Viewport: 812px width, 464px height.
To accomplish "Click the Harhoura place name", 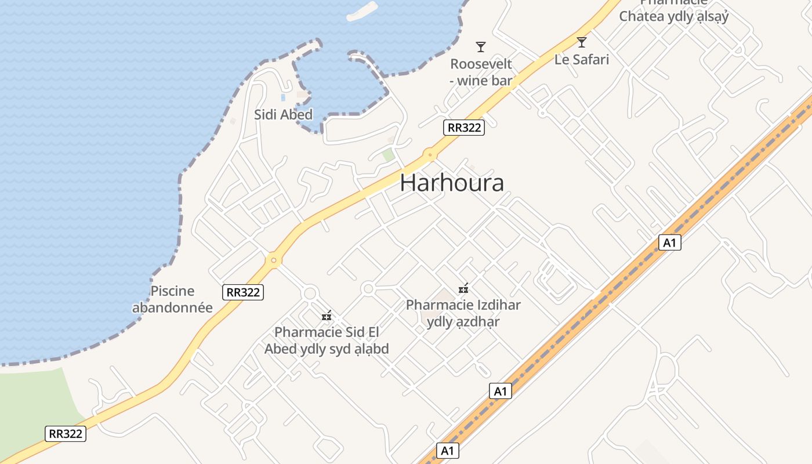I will click(x=452, y=183).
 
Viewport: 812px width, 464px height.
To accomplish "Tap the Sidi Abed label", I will click(x=283, y=114).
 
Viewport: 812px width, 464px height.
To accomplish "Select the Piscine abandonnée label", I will click(x=172, y=299).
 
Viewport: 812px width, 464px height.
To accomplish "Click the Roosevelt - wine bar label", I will click(x=481, y=72).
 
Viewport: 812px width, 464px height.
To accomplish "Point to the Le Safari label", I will click(x=582, y=59).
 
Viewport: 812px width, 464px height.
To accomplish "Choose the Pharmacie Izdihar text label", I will click(x=463, y=313).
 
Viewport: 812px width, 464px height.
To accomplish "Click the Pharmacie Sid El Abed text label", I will click(x=327, y=340).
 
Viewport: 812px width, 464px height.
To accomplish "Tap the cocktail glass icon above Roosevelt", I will click(x=480, y=47).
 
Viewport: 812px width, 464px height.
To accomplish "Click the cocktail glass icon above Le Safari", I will click(x=582, y=42).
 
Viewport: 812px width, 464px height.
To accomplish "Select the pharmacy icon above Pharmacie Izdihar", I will click(x=463, y=288).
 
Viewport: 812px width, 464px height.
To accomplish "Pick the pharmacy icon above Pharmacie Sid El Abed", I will click(x=327, y=316).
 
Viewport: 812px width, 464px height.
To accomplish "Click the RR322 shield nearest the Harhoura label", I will click(x=463, y=128).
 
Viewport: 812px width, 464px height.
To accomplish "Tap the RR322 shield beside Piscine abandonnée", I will click(x=244, y=292).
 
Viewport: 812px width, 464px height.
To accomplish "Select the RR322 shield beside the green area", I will click(x=66, y=433).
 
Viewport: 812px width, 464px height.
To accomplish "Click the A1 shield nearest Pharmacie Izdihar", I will click(x=501, y=391).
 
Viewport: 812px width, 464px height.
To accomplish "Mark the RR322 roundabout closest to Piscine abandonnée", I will click(x=273, y=260).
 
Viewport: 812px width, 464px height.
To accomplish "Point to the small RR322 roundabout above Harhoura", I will click(x=429, y=155).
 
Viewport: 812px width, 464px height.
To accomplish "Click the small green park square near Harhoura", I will click(x=388, y=155).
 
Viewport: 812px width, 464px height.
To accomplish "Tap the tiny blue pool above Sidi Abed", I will click(x=283, y=97).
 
